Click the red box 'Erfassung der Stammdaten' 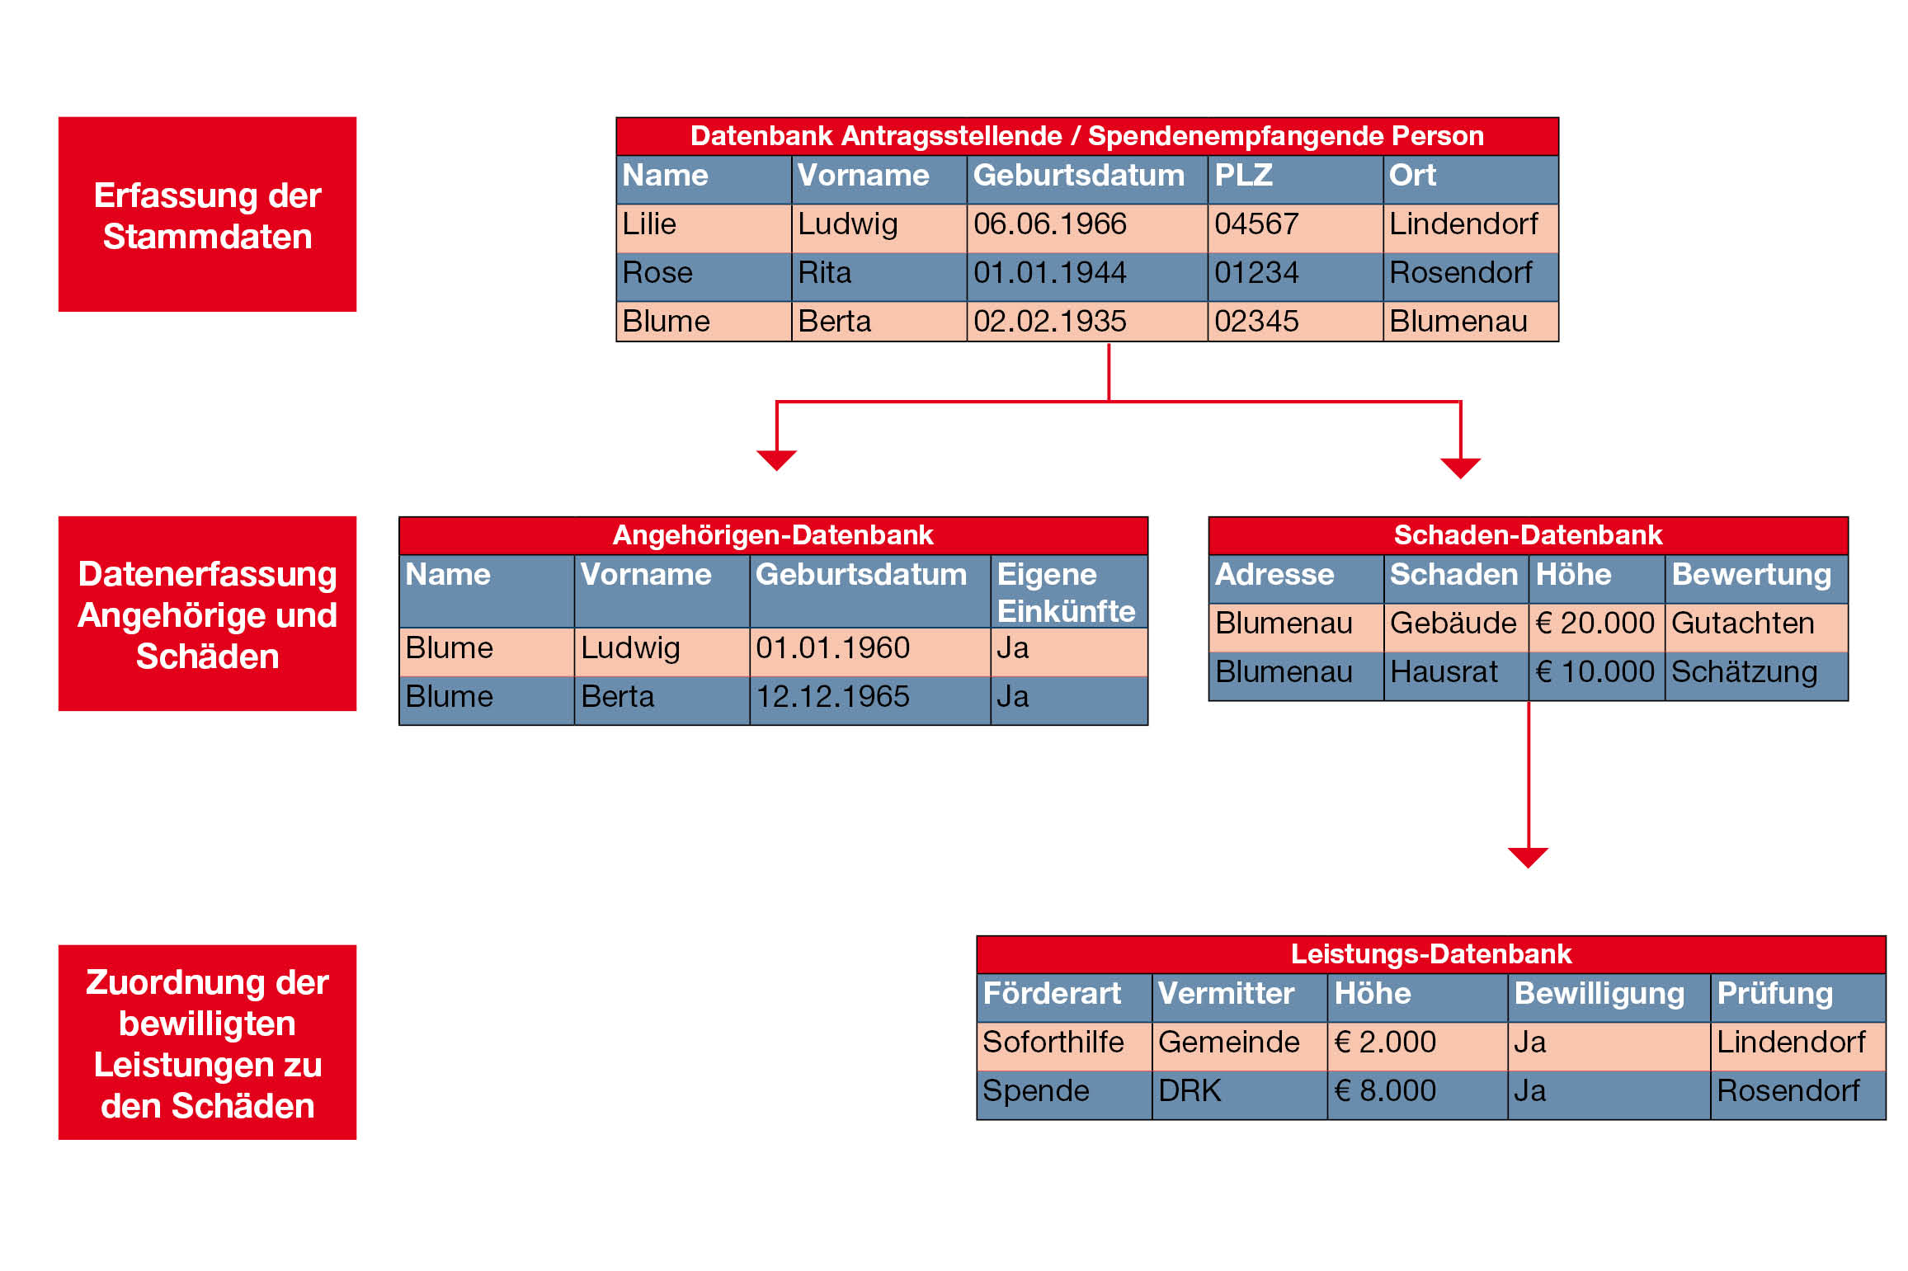[207, 214]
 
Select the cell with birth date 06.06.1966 [1087, 228]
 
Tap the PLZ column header [1295, 179]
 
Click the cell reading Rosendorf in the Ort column [1471, 277]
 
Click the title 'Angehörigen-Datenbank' [773, 535]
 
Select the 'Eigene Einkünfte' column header [1069, 591]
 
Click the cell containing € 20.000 [1596, 628]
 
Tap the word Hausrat [1444, 671]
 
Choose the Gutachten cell [1756, 628]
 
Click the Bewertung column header [1756, 579]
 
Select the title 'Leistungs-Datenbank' [1431, 954]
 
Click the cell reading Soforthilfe [1064, 1047]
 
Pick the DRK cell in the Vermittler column [1240, 1095]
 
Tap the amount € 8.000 [1385, 1090]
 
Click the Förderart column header [1064, 998]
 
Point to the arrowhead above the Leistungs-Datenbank [1528, 858]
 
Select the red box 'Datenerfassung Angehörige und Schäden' [207, 614]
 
